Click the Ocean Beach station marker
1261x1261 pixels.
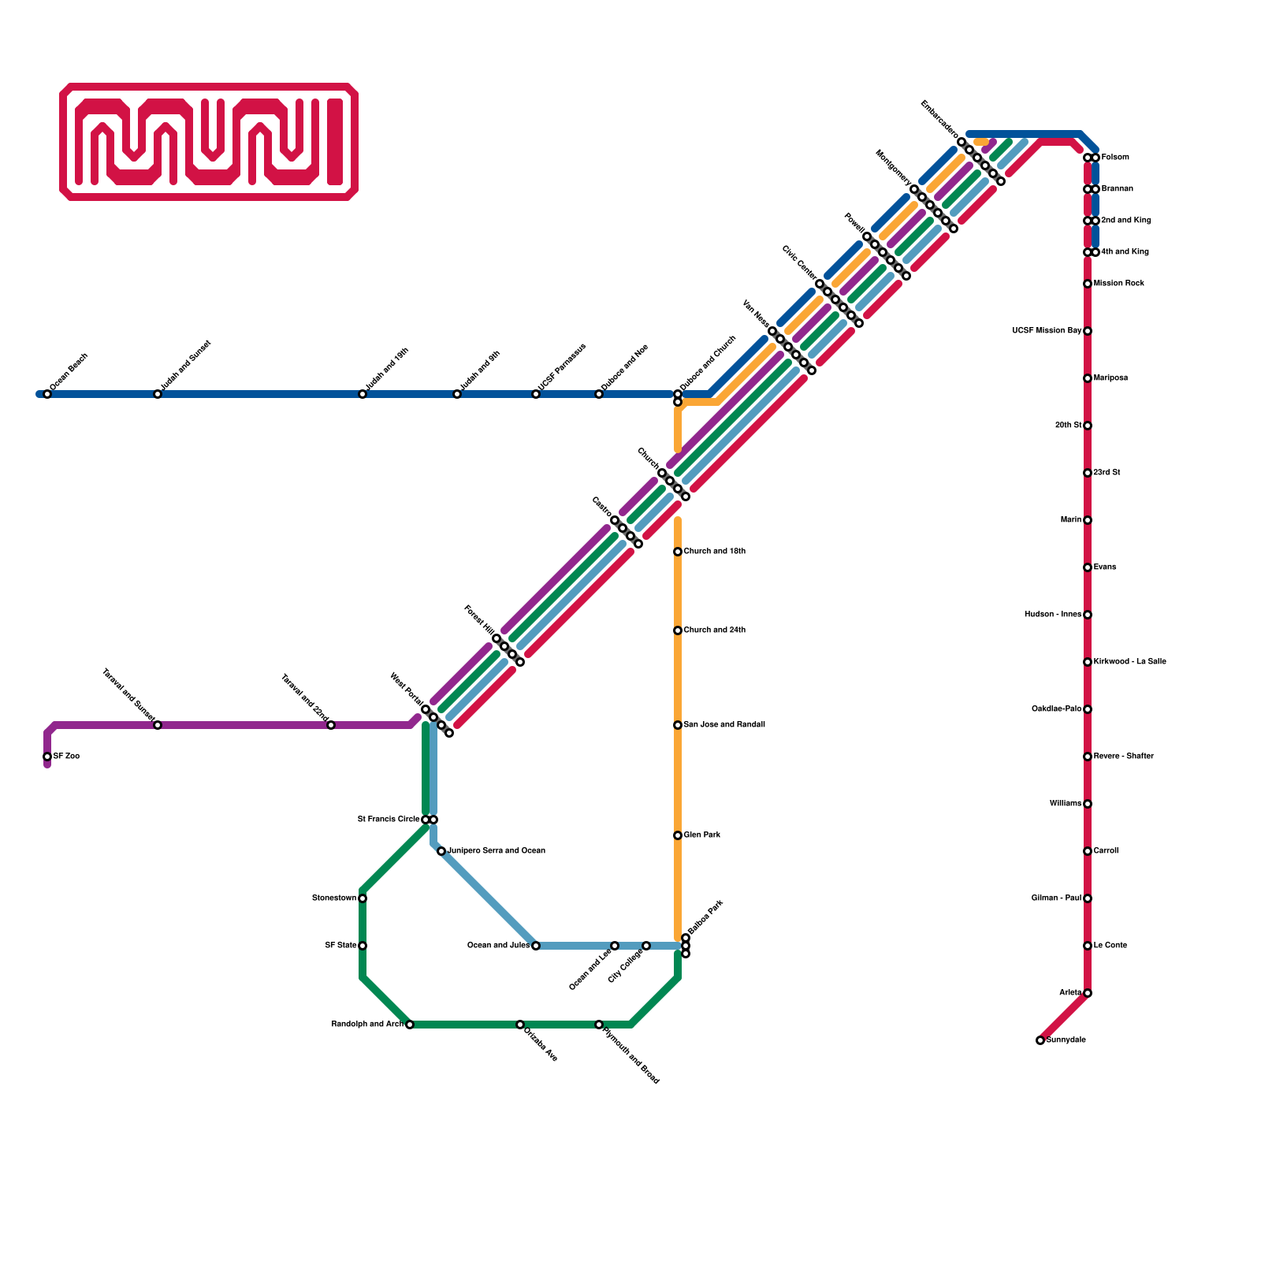coord(47,394)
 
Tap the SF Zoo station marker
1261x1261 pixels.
coord(47,757)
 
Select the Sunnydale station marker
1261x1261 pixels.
coord(1040,1040)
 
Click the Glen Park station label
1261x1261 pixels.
coord(701,835)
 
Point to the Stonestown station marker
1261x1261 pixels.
coord(363,898)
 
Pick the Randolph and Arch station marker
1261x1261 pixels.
coord(410,1025)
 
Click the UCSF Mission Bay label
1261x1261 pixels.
coord(1047,331)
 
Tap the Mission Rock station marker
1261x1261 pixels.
coord(1088,284)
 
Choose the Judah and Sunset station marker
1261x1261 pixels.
coord(158,394)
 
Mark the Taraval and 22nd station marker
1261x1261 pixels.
coord(331,725)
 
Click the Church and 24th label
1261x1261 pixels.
coord(714,630)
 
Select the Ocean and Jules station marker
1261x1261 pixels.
coord(536,946)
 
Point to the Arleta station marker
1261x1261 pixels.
coord(1088,993)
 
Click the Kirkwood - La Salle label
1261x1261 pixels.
coord(1129,662)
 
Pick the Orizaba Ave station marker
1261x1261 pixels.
coord(520,1025)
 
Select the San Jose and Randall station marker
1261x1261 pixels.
coord(678,725)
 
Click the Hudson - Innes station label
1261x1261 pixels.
coord(1052,615)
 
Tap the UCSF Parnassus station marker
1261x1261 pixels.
coord(536,394)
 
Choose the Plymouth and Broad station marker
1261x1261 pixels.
coord(599,1025)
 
